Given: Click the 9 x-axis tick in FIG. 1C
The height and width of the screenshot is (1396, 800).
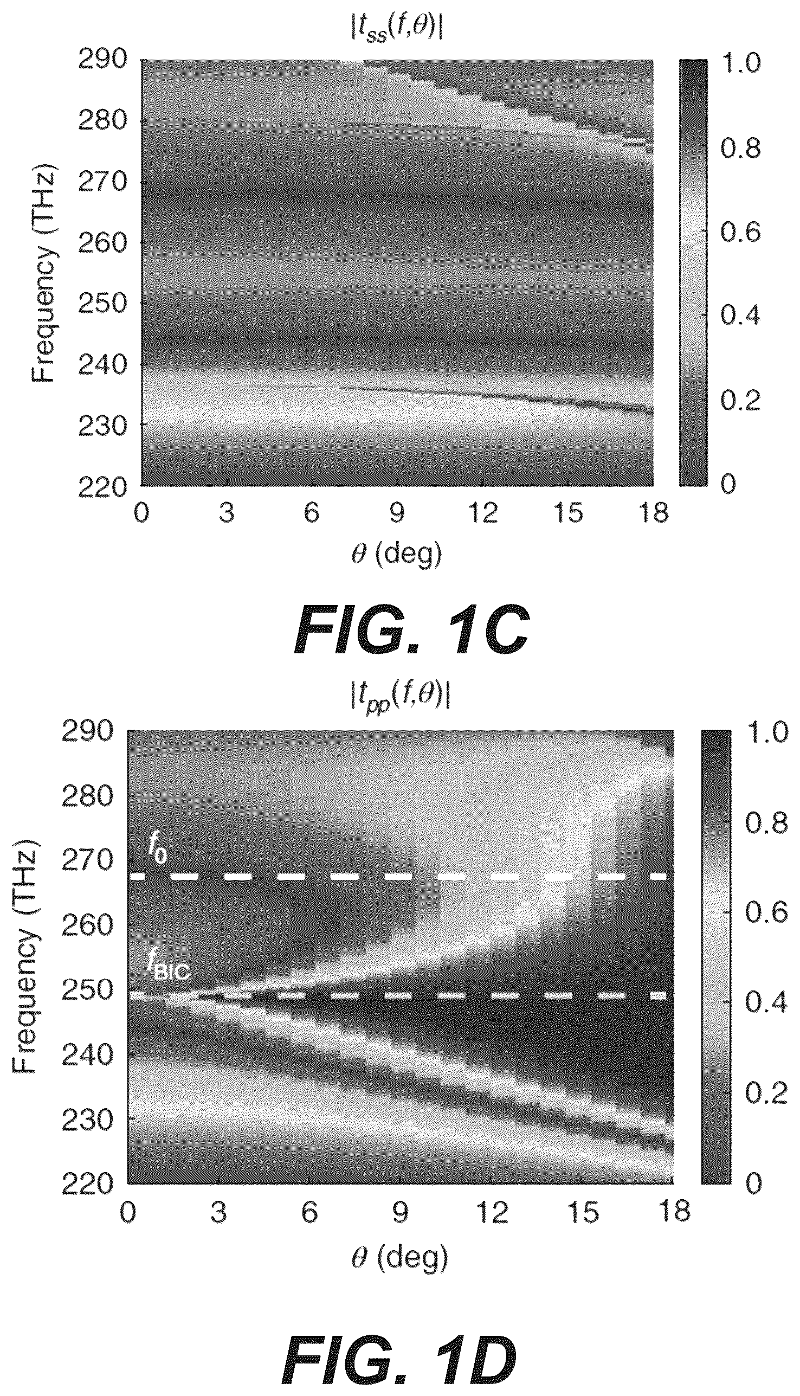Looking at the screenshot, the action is (397, 514).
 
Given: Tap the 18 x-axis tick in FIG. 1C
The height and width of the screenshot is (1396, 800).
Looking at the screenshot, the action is (653, 514).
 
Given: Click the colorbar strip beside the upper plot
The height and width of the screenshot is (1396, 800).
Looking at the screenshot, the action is (693, 273).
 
